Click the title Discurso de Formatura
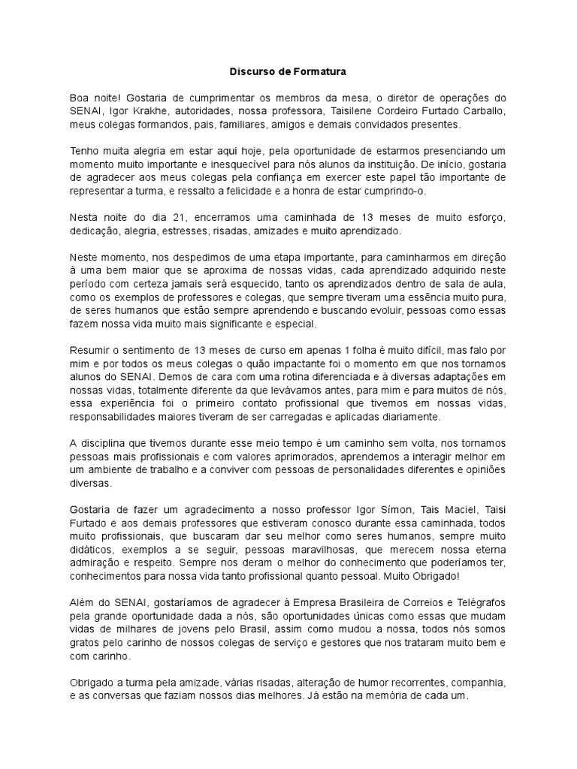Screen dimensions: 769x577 pos(288,73)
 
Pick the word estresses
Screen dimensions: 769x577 pos(225,230)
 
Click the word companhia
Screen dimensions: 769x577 pos(475,682)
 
